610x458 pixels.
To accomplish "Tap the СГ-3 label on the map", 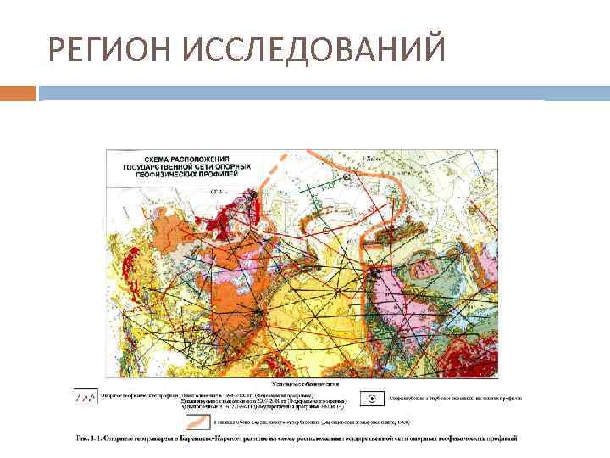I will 216,193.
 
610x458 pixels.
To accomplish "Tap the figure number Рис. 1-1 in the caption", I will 82,438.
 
